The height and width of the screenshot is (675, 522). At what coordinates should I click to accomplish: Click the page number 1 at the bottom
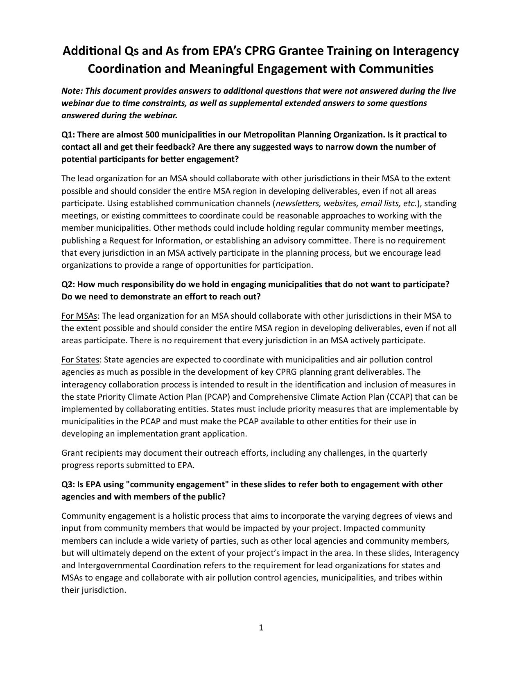click(261, 628)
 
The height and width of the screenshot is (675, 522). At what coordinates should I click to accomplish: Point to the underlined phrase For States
click(80, 360)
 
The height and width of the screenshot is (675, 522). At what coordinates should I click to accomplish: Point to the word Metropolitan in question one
click(269, 135)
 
